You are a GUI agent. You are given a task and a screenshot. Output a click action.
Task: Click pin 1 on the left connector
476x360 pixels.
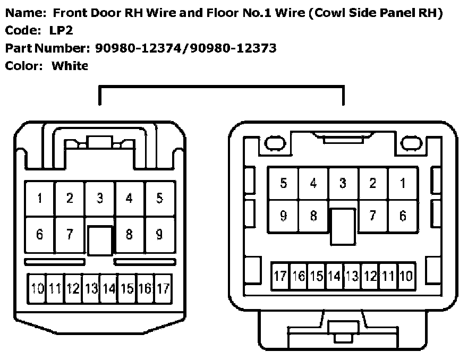(40, 199)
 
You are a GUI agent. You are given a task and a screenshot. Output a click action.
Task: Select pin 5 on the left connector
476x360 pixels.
(159, 199)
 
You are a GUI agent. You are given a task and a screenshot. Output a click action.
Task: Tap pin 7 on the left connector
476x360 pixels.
(70, 234)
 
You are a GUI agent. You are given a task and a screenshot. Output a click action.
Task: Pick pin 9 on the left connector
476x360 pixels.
(159, 234)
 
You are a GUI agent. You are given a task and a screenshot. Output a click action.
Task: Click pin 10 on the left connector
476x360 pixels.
(37, 289)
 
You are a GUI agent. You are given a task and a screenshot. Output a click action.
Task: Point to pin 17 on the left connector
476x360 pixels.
(164, 289)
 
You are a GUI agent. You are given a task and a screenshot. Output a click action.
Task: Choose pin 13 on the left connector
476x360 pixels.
(91, 289)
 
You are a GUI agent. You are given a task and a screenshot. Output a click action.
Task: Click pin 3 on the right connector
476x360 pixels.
(343, 184)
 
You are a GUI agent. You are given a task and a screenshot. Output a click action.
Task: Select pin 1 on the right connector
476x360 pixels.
(403, 184)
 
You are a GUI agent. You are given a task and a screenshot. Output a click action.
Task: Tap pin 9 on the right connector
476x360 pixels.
(284, 216)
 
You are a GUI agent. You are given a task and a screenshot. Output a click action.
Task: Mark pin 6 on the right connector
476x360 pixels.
(403, 216)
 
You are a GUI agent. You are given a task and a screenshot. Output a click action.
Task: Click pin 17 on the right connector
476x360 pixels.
(280, 276)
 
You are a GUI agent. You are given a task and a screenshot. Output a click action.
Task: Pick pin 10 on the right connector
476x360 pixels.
(406, 276)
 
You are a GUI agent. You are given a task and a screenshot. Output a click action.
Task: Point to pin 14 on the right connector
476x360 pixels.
(334, 276)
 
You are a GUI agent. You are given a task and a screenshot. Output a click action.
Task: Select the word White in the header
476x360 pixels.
(70, 66)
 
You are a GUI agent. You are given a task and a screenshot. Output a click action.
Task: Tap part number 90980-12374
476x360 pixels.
(140, 49)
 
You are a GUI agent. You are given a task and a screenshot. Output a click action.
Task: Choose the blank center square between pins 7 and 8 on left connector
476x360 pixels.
(100, 242)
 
